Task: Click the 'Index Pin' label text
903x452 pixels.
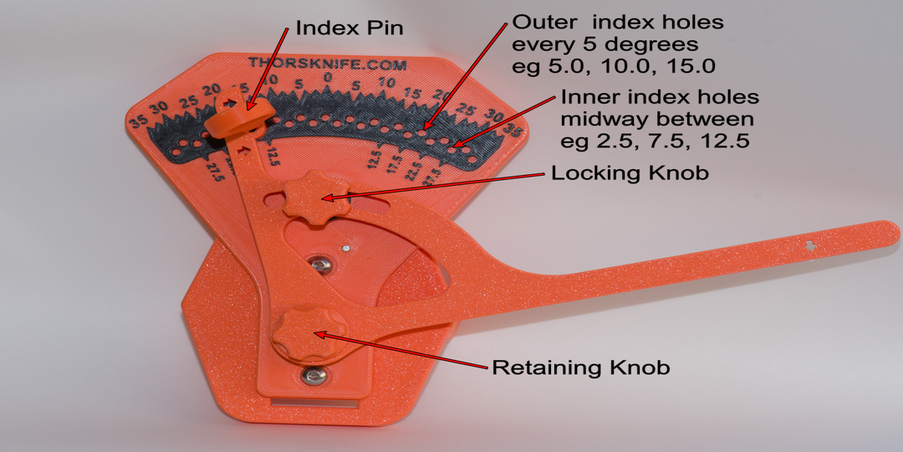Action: (x=349, y=28)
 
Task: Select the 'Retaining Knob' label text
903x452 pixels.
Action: (x=580, y=367)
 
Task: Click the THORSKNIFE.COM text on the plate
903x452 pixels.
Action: (x=327, y=64)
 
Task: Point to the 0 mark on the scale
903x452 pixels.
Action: (x=328, y=78)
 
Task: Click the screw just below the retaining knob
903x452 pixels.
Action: (x=314, y=377)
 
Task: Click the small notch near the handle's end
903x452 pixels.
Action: (x=809, y=245)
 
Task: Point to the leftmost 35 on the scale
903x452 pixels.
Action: (x=138, y=121)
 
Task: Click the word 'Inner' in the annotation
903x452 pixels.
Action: (x=584, y=97)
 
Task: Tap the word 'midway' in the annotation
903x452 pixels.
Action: (x=601, y=120)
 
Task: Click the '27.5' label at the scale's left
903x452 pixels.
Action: (x=217, y=167)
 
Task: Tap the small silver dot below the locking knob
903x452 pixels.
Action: (x=344, y=248)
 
